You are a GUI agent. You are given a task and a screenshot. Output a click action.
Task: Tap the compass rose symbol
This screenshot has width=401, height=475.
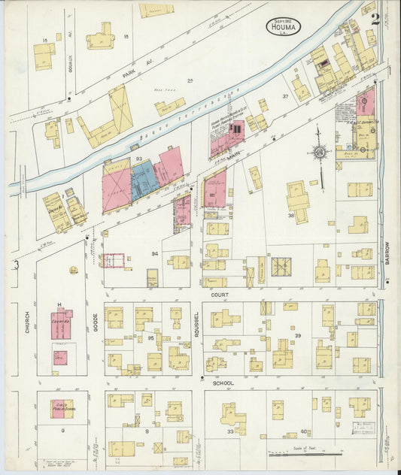pyautogui.click(x=320, y=152)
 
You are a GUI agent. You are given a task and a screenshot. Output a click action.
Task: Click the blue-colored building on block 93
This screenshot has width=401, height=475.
pyautogui.click(x=143, y=181)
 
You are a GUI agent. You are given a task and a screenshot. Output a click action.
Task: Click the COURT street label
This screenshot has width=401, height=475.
pyautogui.click(x=220, y=295)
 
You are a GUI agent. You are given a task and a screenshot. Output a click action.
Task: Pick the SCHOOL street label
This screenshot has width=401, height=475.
pyautogui.click(x=222, y=383)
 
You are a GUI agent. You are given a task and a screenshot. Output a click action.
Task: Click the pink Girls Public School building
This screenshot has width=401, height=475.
pyautogui.click(x=62, y=409)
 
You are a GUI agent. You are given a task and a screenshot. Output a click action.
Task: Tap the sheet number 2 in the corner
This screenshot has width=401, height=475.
pyautogui.click(x=375, y=19)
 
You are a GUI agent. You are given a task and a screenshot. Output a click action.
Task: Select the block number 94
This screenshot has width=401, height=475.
pyautogui.click(x=154, y=254)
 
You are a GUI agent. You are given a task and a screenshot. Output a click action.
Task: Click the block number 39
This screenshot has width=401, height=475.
pyautogui.click(x=297, y=335)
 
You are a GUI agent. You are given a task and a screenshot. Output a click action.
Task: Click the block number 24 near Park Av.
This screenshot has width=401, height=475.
pyautogui.click(x=190, y=80)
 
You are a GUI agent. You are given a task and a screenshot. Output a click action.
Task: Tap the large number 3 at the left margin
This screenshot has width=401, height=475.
pyautogui.click(x=16, y=265)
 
